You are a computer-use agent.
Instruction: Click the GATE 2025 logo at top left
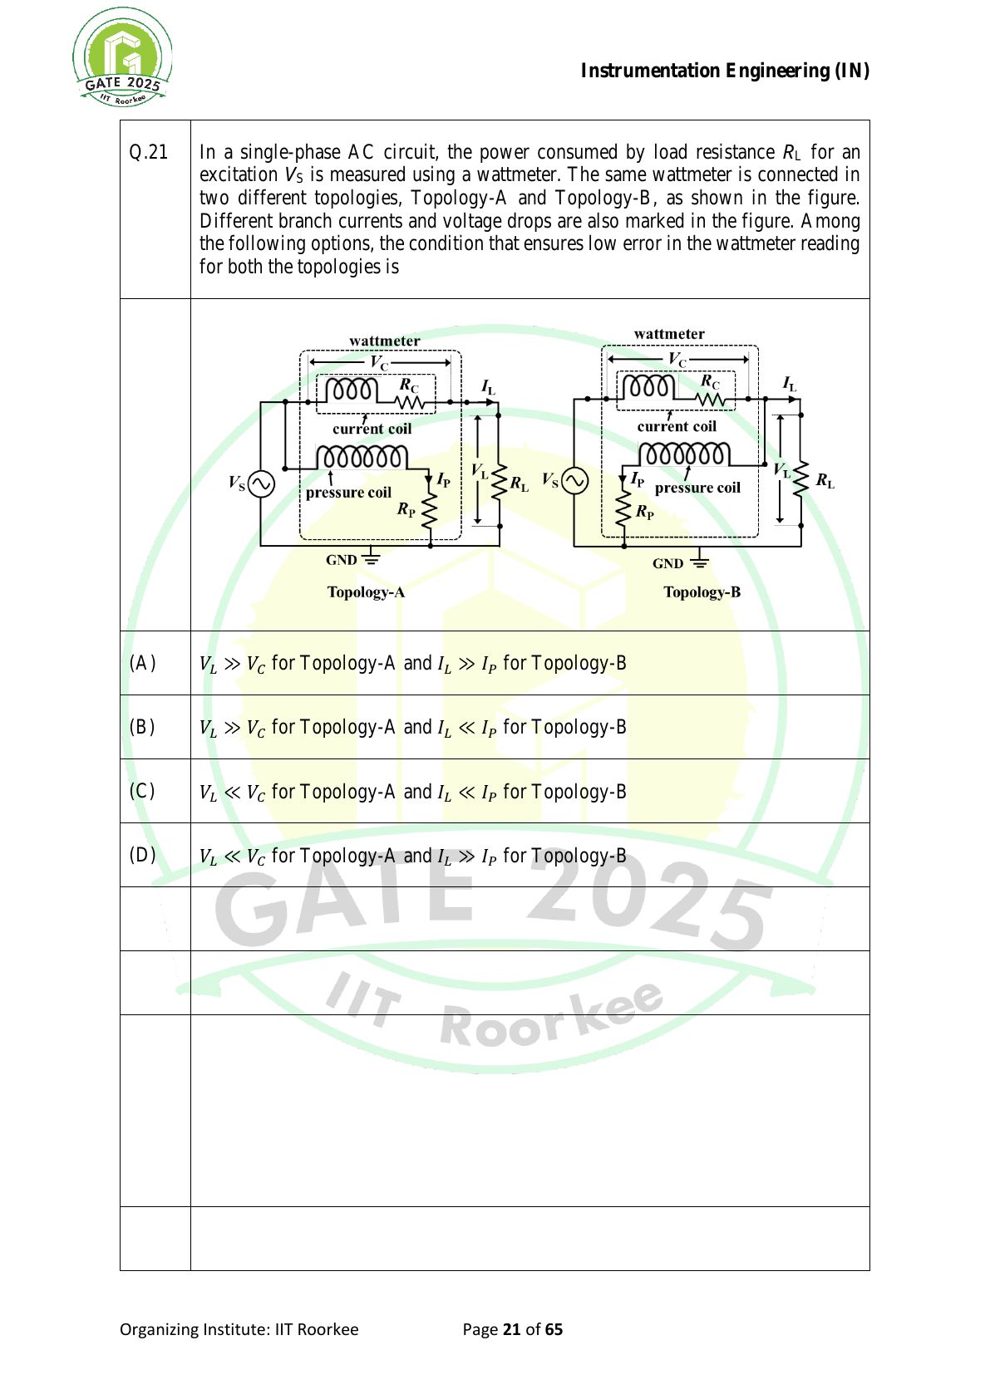coord(122,56)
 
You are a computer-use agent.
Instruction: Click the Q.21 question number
coord(148,152)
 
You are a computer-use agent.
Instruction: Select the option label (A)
coord(142,663)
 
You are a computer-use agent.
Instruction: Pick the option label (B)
coord(142,727)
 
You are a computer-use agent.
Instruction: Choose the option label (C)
coord(142,792)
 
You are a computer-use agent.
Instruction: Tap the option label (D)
coord(142,855)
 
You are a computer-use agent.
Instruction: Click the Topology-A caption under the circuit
coord(367,592)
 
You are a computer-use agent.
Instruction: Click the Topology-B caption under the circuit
coord(702,592)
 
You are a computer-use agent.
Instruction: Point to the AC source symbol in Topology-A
coord(261,484)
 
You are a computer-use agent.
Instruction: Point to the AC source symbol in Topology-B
coord(574,482)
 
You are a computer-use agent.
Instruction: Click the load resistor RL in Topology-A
coord(499,483)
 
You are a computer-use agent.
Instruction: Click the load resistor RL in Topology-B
coord(800,479)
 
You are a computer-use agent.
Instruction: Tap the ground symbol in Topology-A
coord(371,556)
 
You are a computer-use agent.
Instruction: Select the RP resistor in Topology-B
coord(623,511)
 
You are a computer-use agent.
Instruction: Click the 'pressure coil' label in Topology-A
coord(348,493)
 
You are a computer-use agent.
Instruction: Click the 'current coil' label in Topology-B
coord(677,426)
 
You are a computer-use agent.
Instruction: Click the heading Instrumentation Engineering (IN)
coord(725,71)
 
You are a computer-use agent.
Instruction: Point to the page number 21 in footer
coord(511,1330)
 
